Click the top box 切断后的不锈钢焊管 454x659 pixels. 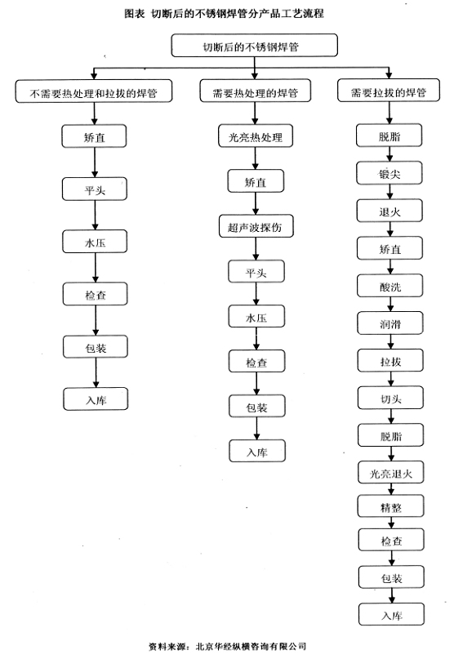pyautogui.click(x=254, y=46)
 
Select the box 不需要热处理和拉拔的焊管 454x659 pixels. pyautogui.click(x=94, y=91)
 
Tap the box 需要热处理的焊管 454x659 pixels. pyautogui.click(x=255, y=91)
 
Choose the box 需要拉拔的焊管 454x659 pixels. pyautogui.click(x=389, y=91)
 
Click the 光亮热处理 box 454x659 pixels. pyautogui.click(x=256, y=136)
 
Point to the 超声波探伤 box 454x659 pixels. pyautogui.click(x=256, y=226)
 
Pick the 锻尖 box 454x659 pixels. pyautogui.click(x=389, y=173)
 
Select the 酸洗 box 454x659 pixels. pyautogui.click(x=390, y=286)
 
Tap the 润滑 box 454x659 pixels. pyautogui.click(x=390, y=323)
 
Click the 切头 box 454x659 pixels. pyautogui.click(x=390, y=398)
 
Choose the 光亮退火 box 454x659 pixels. pyautogui.click(x=391, y=473)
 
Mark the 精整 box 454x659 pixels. pyautogui.click(x=391, y=506)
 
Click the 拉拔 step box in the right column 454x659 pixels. pyautogui.click(x=390, y=361)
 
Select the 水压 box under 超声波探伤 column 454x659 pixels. pyautogui.click(x=256, y=317)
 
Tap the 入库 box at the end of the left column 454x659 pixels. pyautogui.click(x=96, y=399)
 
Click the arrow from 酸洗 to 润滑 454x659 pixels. pyautogui.click(x=390, y=305)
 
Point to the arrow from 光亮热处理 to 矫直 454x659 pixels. pyautogui.click(x=256, y=158)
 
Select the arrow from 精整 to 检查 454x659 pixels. pyautogui.click(x=391, y=523)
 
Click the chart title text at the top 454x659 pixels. pyautogui.click(x=224, y=14)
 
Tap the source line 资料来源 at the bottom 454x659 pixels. pyautogui.click(x=228, y=646)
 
